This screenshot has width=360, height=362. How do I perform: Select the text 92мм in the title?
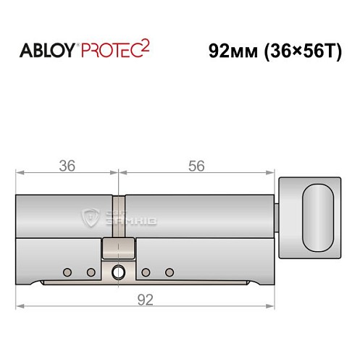[230, 52]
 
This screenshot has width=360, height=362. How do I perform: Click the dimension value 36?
[67, 166]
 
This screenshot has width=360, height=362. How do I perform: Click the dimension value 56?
[196, 166]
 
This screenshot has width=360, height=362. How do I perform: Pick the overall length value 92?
[147, 300]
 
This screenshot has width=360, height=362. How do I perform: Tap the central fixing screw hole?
[118, 272]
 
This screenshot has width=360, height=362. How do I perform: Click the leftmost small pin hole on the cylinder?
[67, 272]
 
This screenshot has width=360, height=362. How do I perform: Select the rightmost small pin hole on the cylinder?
[169, 272]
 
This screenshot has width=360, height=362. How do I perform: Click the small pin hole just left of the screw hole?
[91, 272]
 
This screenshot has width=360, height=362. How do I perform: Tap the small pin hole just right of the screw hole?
[146, 272]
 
